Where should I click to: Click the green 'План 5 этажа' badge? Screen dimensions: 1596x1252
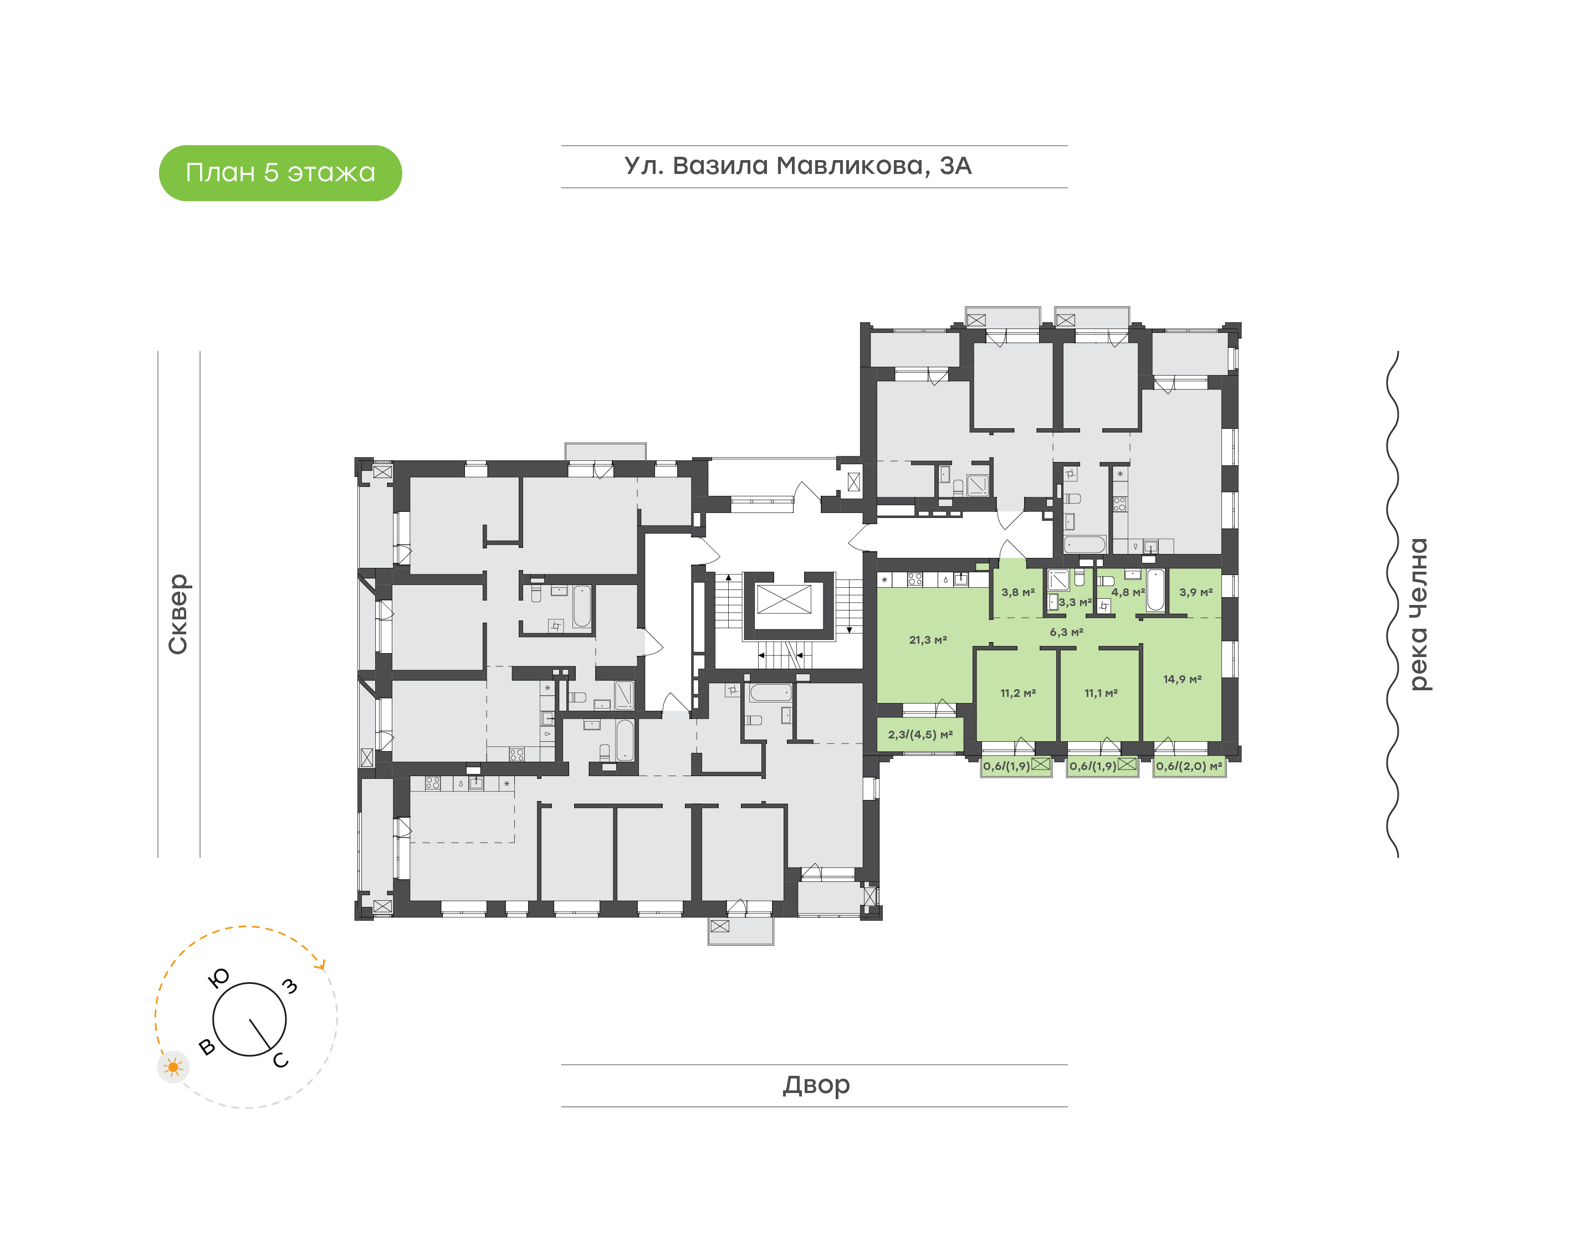pyautogui.click(x=280, y=173)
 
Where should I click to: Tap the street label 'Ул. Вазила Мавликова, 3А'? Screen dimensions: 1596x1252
pyautogui.click(x=797, y=166)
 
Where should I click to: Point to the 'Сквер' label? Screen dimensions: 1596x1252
pyautogui.click(x=178, y=614)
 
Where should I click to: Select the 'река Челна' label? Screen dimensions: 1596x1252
pyautogui.click(x=1419, y=614)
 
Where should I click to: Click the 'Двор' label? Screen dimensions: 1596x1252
pyautogui.click(x=816, y=1085)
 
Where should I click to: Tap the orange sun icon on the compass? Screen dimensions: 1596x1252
pyautogui.click(x=173, y=1068)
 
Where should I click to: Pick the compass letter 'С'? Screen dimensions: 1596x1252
pyautogui.click(x=281, y=1061)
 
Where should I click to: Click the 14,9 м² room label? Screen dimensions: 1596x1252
pyautogui.click(x=1182, y=680)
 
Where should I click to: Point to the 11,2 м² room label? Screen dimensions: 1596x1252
pyautogui.click(x=1017, y=692)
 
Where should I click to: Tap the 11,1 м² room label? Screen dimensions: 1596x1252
pyautogui.click(x=1101, y=692)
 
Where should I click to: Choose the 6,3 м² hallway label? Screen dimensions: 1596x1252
pyautogui.click(x=1066, y=632)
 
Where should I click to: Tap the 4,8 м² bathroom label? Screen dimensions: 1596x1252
pyautogui.click(x=1128, y=592)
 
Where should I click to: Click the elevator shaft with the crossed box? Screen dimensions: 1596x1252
pyautogui.click(x=784, y=599)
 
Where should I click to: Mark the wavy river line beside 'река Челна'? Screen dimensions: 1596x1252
pyautogui.click(x=1392, y=604)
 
